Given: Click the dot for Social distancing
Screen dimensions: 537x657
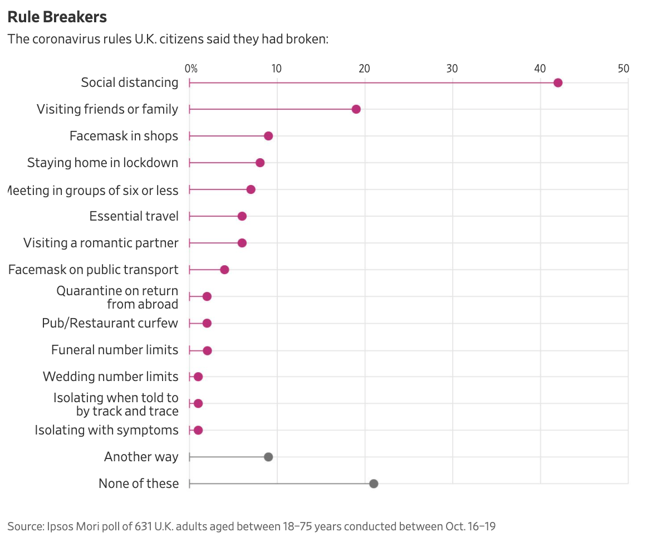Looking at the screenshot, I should pos(558,83).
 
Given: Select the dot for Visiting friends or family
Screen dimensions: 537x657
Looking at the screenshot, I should pos(356,109).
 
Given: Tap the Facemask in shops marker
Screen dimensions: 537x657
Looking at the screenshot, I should pos(268,136).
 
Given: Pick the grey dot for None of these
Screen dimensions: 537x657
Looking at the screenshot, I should pos(374,484).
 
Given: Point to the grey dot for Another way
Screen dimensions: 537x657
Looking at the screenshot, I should pos(268,457).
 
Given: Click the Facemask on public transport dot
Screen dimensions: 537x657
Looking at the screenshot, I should pos(224,270).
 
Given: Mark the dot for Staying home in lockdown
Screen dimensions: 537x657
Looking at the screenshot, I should pos(260,163).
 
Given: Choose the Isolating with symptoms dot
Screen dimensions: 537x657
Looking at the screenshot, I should pos(198,430).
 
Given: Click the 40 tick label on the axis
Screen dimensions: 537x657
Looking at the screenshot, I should pos(540,69).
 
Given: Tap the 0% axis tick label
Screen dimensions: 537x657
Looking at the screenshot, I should pos(191,69).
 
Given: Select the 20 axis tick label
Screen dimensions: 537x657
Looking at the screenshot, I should pos(364,69).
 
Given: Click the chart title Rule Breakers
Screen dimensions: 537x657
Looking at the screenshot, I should pos(57,17).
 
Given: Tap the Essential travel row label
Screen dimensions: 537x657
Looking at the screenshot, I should pos(134,216).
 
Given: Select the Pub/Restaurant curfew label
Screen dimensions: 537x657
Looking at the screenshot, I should pos(110,323).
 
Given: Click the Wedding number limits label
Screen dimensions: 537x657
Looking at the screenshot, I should pos(110,377).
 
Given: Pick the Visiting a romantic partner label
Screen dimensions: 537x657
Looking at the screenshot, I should pos(101,243).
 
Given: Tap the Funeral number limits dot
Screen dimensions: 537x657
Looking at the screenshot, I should pos(207,350).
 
